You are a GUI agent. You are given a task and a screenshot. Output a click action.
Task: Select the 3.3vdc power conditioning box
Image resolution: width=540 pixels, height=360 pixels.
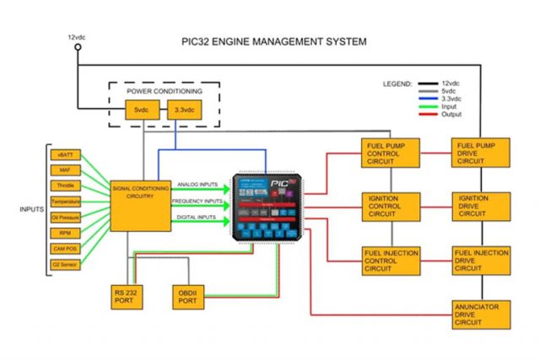[x=184, y=110]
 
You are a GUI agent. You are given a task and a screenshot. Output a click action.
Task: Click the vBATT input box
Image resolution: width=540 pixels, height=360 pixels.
[x=65, y=155]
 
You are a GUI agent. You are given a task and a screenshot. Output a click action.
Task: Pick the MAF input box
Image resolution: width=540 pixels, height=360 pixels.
[x=65, y=171]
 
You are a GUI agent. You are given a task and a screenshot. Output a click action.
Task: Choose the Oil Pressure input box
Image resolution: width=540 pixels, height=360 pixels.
[x=65, y=218]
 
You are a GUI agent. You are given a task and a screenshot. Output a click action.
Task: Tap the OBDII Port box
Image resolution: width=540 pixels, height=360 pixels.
[x=187, y=296]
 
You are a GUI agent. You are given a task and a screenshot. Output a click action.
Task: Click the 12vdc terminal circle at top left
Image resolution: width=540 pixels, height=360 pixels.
[x=78, y=48]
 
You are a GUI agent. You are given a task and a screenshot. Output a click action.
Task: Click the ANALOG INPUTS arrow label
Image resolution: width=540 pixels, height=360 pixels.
[x=199, y=185]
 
